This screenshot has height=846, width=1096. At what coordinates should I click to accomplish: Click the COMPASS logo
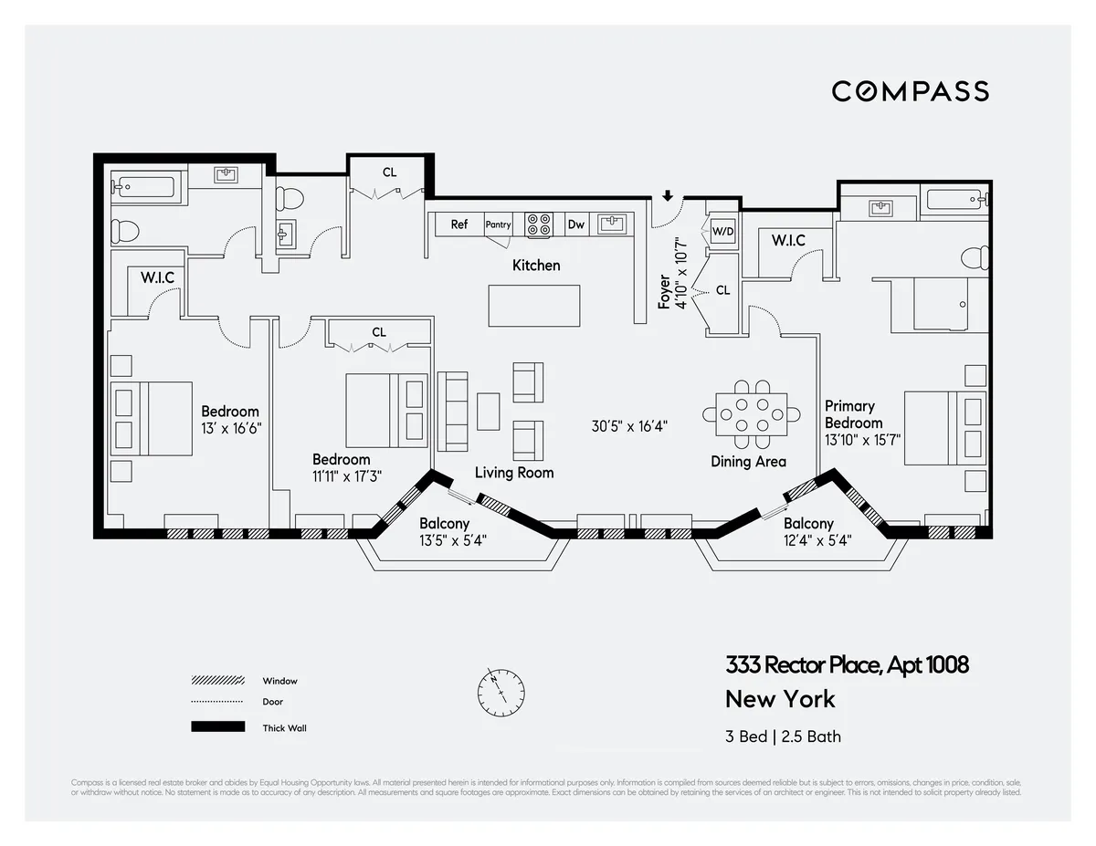[910, 91]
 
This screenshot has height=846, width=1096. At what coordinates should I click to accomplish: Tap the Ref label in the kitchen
[458, 225]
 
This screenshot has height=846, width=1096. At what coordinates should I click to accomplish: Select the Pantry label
[498, 225]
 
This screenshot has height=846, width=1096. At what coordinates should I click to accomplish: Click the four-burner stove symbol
[539, 224]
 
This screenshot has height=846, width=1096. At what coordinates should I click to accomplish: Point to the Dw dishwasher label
[576, 225]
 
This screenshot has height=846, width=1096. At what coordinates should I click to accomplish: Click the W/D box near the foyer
[722, 232]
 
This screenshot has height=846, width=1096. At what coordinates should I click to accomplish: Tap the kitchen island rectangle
[534, 306]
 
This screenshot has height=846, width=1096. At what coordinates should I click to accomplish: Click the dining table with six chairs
[750, 413]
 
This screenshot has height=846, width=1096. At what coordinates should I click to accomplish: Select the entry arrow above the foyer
[668, 195]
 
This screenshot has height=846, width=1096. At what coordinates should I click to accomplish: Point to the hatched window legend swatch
[217, 681]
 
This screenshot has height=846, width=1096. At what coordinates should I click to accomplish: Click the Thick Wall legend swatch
[217, 727]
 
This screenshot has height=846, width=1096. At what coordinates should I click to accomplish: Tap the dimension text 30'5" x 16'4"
[630, 424]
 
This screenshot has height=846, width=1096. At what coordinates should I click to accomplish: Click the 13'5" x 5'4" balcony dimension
[453, 540]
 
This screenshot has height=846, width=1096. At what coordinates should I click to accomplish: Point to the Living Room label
[514, 473]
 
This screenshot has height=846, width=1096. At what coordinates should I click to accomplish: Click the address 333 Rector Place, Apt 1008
[847, 665]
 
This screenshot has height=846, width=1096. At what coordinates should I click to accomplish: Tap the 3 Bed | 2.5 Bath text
[783, 736]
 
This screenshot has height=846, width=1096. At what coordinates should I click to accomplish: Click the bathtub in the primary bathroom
[955, 199]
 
